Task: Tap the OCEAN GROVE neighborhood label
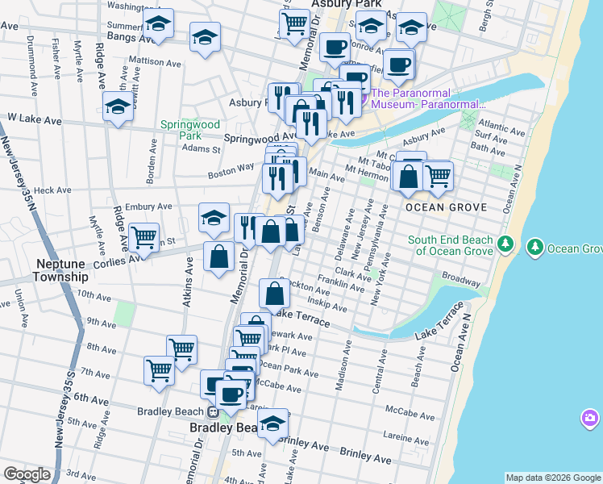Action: click(x=446, y=207)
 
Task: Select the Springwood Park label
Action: click(x=189, y=130)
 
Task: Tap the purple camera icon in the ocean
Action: click(x=590, y=418)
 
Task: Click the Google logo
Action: click(x=27, y=474)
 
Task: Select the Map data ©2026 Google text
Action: click(x=553, y=478)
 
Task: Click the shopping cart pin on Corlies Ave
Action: click(x=143, y=237)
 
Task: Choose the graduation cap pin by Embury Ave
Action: click(x=214, y=217)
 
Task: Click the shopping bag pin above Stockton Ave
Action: click(x=274, y=293)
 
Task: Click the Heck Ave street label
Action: click(x=53, y=190)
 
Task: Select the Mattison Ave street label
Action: click(x=154, y=61)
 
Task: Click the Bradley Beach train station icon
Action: click(x=213, y=411)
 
